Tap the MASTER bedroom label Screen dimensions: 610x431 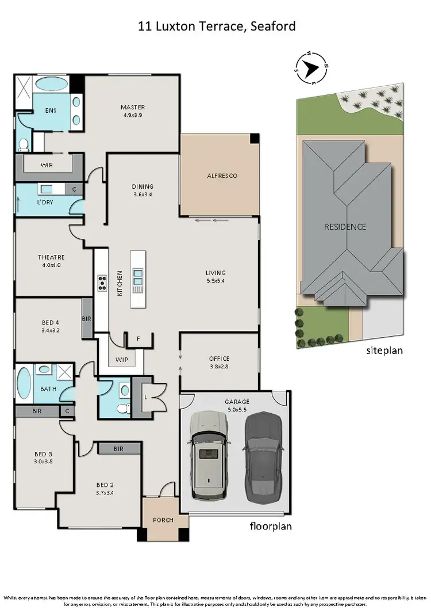(132, 107)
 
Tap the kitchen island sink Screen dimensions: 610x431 (138, 277)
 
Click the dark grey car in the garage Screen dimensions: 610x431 (263, 455)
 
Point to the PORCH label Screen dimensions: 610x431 (163, 520)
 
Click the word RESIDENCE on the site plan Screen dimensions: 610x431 (345, 227)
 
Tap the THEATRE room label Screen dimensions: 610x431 (52, 257)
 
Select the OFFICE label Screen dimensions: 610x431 (219, 359)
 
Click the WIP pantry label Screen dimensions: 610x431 (121, 360)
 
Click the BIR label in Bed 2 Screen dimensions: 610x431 (119, 448)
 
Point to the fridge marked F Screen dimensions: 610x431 (138, 339)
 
